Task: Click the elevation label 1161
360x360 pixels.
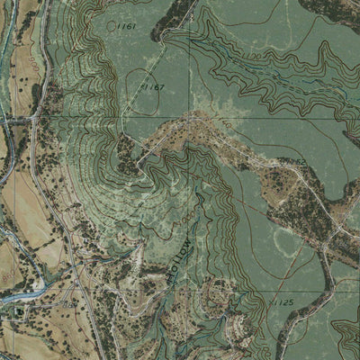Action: (126, 27)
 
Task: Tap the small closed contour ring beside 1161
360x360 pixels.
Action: (112, 26)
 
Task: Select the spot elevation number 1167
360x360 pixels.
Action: (154, 87)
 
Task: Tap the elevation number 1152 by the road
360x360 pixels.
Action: (297, 162)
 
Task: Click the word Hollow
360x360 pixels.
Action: (175, 261)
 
